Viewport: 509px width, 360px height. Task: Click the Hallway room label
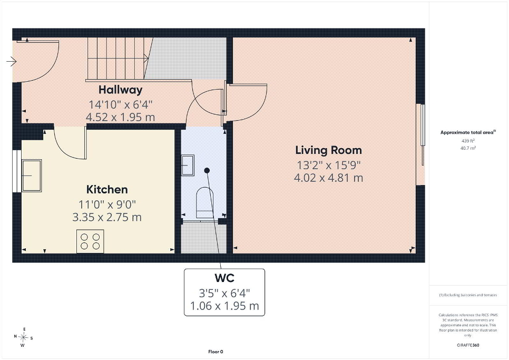point(121,90)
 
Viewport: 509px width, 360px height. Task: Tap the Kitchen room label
point(107,189)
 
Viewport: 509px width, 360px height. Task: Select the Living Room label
point(328,150)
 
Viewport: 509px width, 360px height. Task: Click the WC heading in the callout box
point(224,278)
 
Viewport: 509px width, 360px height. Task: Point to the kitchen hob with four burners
point(90,241)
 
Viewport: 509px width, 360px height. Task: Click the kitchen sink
point(32,176)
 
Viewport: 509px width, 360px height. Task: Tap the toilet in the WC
point(205,202)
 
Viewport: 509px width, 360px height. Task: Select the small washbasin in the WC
point(188,165)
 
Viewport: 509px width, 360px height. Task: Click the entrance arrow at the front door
point(12,61)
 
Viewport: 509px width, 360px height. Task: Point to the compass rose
point(23,338)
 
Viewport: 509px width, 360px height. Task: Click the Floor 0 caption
point(216,352)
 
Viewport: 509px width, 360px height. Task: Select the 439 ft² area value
point(468,141)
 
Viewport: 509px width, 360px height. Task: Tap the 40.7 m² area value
point(468,148)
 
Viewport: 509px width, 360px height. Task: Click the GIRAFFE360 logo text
point(468,345)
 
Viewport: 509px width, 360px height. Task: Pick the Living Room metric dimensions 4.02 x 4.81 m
point(328,178)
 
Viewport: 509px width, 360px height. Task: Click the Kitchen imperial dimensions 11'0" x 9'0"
point(107,205)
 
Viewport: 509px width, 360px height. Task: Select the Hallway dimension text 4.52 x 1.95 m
point(121,117)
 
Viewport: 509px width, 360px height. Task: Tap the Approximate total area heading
point(468,132)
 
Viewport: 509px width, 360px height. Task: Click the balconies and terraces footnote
point(468,295)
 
